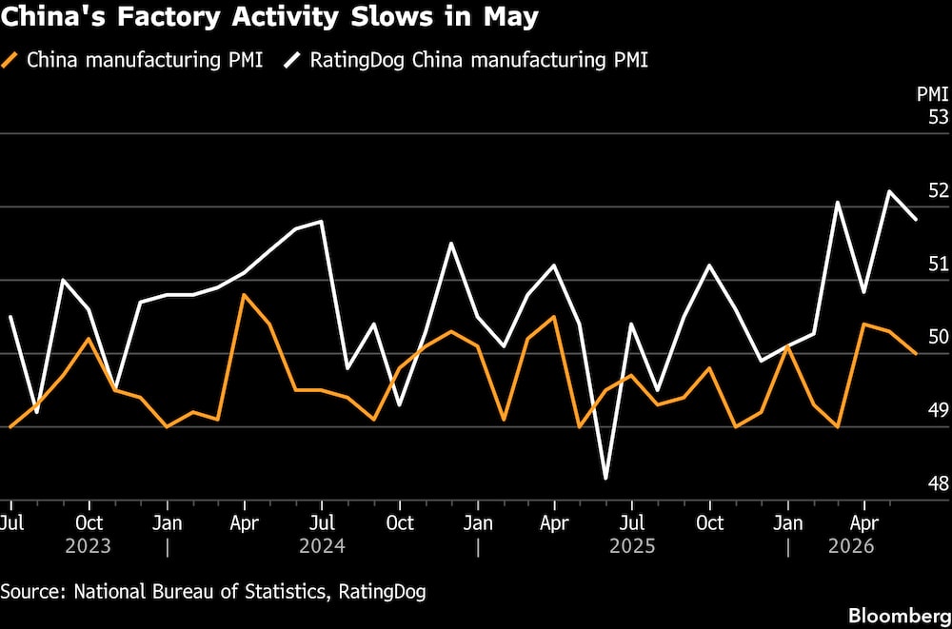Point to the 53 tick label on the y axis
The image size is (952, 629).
tap(938, 117)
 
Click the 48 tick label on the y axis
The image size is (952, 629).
tap(938, 484)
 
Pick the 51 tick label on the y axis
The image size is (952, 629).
tap(938, 265)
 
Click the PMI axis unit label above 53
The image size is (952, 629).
tap(933, 94)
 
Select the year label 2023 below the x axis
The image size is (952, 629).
tap(88, 546)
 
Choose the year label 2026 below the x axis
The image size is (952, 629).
tap(852, 546)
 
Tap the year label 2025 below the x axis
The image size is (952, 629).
tap(633, 546)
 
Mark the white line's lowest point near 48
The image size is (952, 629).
tap(605, 479)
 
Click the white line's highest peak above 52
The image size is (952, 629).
tap(890, 191)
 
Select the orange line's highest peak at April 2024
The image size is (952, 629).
tap(244, 294)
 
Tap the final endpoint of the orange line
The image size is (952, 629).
tap(916, 353)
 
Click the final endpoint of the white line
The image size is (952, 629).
tap(916, 219)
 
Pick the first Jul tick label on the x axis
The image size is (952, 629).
tap(10, 522)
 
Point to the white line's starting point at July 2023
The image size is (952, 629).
tap(10, 316)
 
